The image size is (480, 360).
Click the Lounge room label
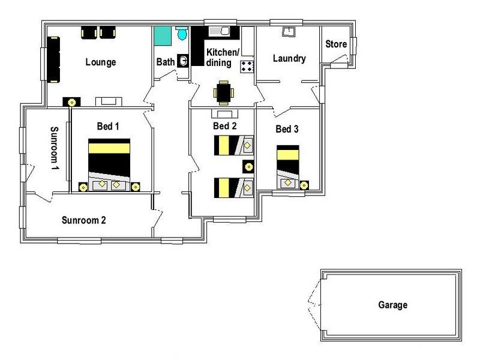pos(101,62)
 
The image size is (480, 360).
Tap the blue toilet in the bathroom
pos(182,33)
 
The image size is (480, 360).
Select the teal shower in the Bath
pos(163,36)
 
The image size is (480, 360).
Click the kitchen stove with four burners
pos(247,67)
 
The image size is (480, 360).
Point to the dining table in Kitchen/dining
pos(224,93)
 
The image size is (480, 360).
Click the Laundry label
pos(289,58)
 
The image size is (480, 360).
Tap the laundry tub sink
pos(289,31)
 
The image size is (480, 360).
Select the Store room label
pos(336,44)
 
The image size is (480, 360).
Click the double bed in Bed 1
pos(109,164)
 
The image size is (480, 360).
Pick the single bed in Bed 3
pos(288,167)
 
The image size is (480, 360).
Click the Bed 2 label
pos(224,126)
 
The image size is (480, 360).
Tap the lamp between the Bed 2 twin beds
pos(248,167)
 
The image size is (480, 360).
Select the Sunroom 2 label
pos(83,220)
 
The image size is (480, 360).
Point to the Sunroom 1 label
pos(54,148)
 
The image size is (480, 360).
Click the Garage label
pos(393,305)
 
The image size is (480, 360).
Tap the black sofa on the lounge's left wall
pos(53,59)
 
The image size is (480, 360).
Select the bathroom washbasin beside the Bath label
pos(184,61)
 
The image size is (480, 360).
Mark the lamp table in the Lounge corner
pos(71,102)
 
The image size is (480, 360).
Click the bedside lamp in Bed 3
pos(304,185)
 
